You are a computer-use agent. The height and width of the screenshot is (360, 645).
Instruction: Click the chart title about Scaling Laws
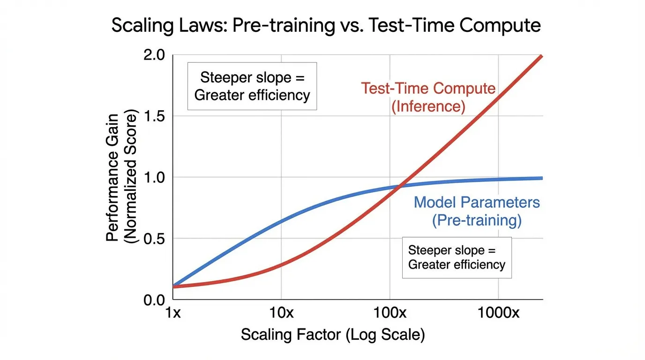[326, 25]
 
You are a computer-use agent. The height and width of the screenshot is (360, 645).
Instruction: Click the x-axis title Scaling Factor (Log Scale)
[332, 335]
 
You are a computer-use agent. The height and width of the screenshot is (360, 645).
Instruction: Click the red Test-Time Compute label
[428, 89]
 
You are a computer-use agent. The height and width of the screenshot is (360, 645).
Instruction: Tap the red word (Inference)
[428, 106]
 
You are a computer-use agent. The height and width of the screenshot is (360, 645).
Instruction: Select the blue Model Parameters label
[477, 202]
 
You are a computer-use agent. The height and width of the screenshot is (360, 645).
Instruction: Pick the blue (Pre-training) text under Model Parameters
[477, 220]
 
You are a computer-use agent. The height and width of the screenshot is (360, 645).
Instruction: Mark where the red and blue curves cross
[400, 187]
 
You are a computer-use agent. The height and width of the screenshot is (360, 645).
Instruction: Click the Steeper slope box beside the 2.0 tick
[252, 86]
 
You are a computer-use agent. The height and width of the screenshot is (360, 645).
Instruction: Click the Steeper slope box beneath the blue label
[457, 257]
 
